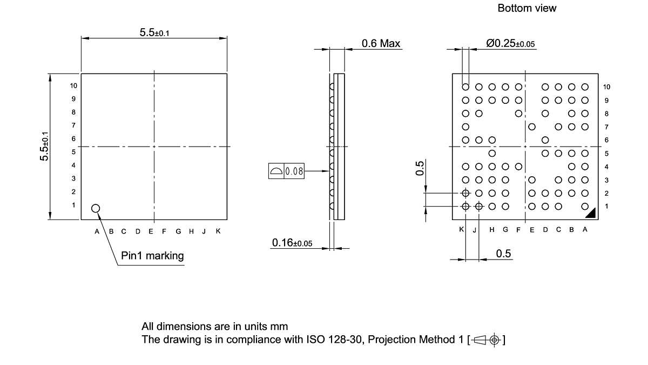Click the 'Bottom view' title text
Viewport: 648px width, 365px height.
526,8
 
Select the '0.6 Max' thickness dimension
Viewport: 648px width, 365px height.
381,43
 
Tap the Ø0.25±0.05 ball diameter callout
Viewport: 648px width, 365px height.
510,44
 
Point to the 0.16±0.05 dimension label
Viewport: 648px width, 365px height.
292,243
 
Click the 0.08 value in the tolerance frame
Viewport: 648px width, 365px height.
294,171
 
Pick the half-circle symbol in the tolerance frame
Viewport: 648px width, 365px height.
276,171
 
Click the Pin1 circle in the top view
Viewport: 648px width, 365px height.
96,208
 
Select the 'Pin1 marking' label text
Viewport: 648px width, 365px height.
152,256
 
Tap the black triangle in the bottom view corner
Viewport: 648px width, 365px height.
591,214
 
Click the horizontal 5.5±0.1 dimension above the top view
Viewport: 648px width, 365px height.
154,33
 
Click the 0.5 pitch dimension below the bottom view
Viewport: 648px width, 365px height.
503,254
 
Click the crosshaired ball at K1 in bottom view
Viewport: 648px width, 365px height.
465,206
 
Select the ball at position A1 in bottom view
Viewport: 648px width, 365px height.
585,206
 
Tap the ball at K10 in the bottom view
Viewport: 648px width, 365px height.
465,87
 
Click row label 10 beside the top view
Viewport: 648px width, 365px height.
73,85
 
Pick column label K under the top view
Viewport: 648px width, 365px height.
218,231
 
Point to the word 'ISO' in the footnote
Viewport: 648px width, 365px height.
319,340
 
